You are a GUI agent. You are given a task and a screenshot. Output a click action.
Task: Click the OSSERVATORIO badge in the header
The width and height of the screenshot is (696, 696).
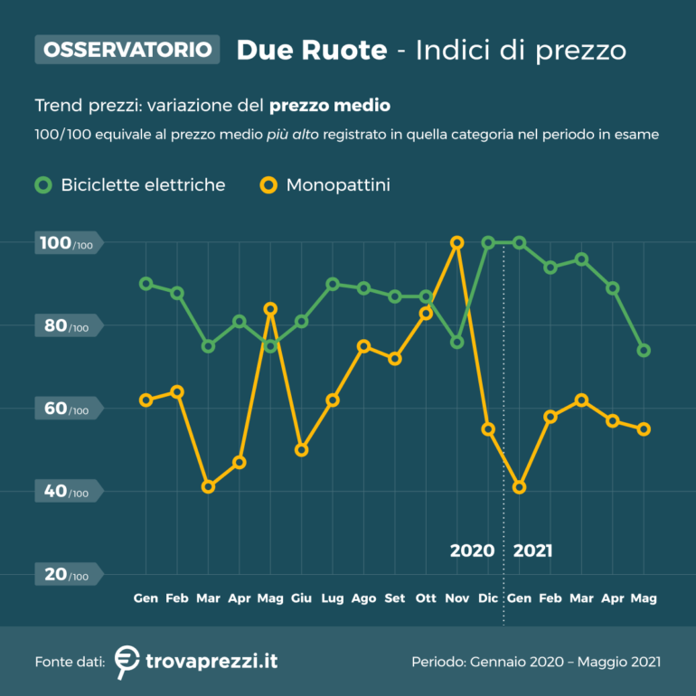coord(127,49)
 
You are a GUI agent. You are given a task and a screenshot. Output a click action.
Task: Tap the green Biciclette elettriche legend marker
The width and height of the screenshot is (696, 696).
coord(43,185)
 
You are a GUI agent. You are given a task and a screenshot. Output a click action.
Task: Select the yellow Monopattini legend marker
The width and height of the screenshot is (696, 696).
coord(268,185)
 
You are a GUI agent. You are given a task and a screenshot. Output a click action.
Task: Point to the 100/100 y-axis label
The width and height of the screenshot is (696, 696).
coord(68,243)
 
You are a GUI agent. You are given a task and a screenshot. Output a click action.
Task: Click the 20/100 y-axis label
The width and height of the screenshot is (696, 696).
coord(68,575)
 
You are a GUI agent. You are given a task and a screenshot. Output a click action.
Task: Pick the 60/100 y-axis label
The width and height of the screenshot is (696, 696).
coord(68,409)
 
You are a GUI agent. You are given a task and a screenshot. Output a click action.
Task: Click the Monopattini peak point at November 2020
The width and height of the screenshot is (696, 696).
coord(456,242)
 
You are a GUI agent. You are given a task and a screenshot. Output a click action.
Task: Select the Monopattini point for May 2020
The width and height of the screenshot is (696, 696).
coord(270,309)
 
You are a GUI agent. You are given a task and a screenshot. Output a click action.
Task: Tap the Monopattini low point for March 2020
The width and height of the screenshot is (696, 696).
coord(209,487)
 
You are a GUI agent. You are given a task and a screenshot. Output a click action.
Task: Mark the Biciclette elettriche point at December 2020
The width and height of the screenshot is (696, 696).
coord(488,242)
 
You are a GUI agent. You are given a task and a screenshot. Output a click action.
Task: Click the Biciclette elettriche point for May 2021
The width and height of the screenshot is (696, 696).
coord(644,351)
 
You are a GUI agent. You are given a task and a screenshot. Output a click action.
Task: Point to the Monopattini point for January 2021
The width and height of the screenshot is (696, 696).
coord(519,487)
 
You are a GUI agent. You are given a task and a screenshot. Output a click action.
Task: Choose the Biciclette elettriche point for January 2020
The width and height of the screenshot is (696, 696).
coord(146,284)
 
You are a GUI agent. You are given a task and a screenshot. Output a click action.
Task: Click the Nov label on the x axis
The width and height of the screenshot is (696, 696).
coord(456,598)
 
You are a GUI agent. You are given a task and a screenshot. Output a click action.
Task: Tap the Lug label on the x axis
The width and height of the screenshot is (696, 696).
coord(333,598)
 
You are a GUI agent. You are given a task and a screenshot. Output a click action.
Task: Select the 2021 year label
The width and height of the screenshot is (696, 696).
coord(532,550)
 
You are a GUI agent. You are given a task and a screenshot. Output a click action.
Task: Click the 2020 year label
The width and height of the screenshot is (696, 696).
coord(472,550)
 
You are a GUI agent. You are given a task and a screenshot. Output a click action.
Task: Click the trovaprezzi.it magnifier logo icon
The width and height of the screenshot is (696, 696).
coord(127,662)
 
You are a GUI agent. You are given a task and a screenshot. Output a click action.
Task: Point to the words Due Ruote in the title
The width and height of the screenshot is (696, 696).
coord(311,50)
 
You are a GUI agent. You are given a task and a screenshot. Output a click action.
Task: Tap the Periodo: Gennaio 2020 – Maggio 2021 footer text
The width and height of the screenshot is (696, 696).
coord(536,662)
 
